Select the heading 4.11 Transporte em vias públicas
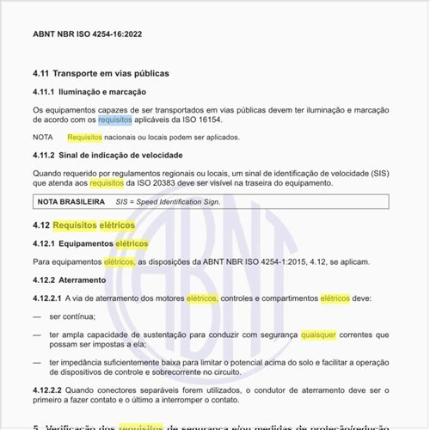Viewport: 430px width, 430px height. click(101, 73)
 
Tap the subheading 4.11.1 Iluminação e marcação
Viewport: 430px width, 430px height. click(89, 91)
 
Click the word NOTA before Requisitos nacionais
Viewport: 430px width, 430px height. click(43, 137)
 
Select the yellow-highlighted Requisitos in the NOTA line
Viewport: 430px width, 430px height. click(84, 137)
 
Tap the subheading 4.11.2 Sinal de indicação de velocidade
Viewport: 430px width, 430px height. click(107, 155)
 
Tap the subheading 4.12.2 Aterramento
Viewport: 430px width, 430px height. click(70, 280)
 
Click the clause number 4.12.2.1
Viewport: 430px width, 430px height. click(47, 298)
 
